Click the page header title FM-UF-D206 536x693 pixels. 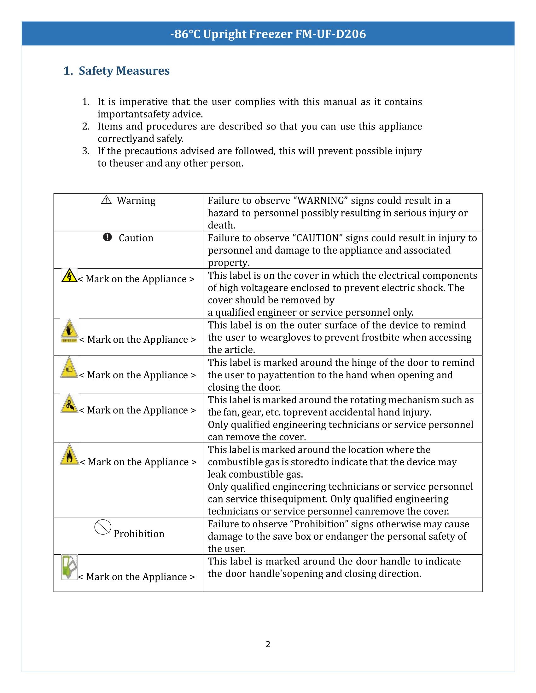tap(268, 34)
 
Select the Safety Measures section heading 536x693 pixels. tap(117, 71)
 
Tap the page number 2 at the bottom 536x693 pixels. tap(268, 644)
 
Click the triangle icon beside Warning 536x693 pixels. tap(106, 200)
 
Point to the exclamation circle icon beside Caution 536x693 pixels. tap(107, 237)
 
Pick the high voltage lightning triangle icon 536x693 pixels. tap(69, 276)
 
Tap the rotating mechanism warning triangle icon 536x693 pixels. tap(69, 404)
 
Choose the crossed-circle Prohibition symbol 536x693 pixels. tap(102, 527)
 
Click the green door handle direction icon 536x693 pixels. tap(69, 567)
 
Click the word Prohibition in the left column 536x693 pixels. tap(139, 534)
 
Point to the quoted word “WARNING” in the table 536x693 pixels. tap(321, 201)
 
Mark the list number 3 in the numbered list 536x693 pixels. tap(86, 151)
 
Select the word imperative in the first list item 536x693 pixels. tap(143, 102)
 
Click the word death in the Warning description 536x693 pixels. tap(221, 225)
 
